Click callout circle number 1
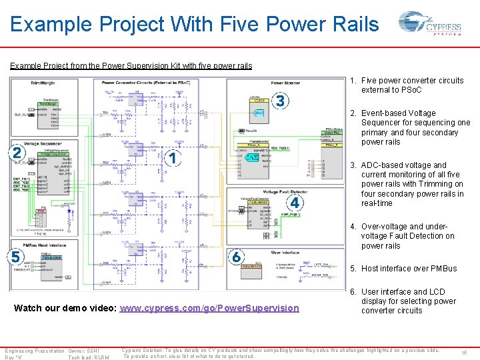click(172, 158)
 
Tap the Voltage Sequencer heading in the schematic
click(43, 143)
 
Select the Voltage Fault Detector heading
click(266, 192)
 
